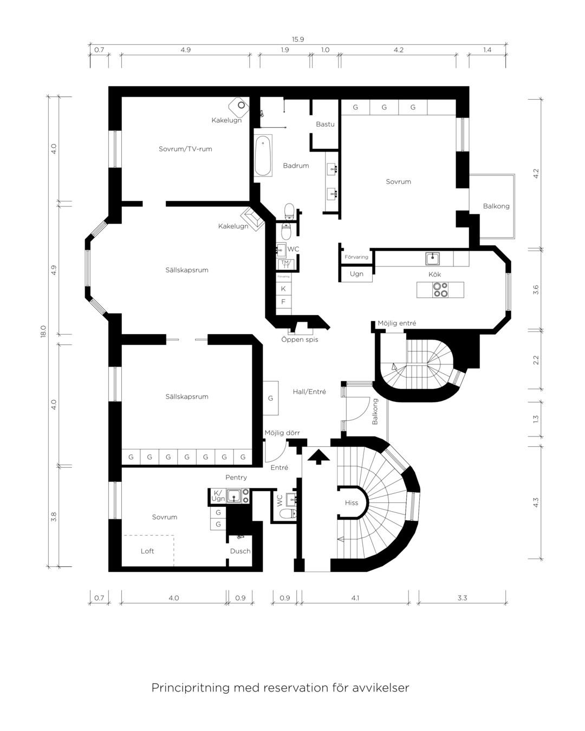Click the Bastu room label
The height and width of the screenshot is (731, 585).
click(x=325, y=125)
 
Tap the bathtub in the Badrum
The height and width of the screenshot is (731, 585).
click(x=263, y=156)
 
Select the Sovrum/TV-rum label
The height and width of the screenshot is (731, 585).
click(x=185, y=149)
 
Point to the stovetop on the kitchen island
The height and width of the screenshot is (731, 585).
click(x=440, y=290)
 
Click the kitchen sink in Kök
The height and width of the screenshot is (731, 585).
click(x=432, y=259)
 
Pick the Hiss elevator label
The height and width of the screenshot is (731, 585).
click(x=351, y=502)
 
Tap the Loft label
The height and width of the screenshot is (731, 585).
click(x=147, y=551)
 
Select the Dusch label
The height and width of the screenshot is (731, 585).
click(x=240, y=551)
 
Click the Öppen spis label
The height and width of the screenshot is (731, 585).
click(x=300, y=340)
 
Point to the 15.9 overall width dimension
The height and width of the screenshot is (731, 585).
click(x=298, y=40)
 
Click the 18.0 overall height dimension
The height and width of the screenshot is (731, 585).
click(x=43, y=331)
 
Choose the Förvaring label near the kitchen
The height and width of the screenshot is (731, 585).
click(x=356, y=257)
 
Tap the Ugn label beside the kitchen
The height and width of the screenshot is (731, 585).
click(x=356, y=274)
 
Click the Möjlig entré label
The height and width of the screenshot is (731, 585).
click(x=396, y=323)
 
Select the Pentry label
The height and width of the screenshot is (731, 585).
click(x=236, y=477)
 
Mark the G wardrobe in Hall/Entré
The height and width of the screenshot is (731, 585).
click(x=271, y=398)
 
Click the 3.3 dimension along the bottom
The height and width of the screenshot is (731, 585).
click(x=462, y=598)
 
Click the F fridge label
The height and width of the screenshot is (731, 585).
click(x=283, y=302)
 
